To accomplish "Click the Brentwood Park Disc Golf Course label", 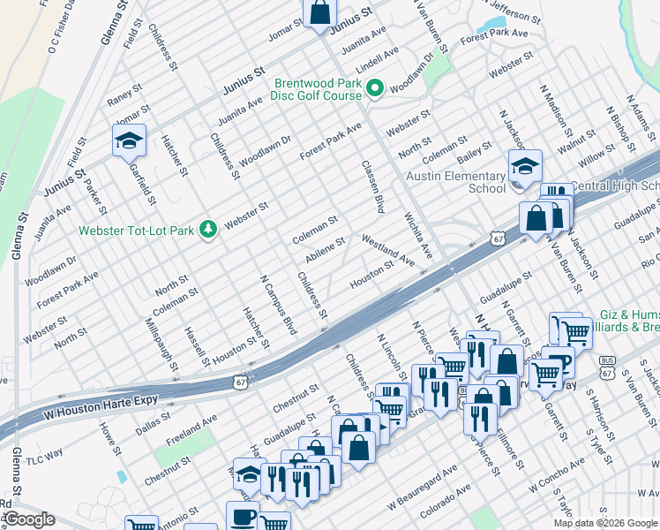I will (317, 88).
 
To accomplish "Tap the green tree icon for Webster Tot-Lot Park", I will (207, 230).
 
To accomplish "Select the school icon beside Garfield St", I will (129, 140).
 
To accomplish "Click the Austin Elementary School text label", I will (455, 182).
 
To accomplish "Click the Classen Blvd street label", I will (373, 187).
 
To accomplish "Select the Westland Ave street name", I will (387, 250).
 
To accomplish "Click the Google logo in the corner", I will (28, 519).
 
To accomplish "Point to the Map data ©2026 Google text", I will (605, 523).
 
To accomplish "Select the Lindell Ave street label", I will (371, 62).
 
